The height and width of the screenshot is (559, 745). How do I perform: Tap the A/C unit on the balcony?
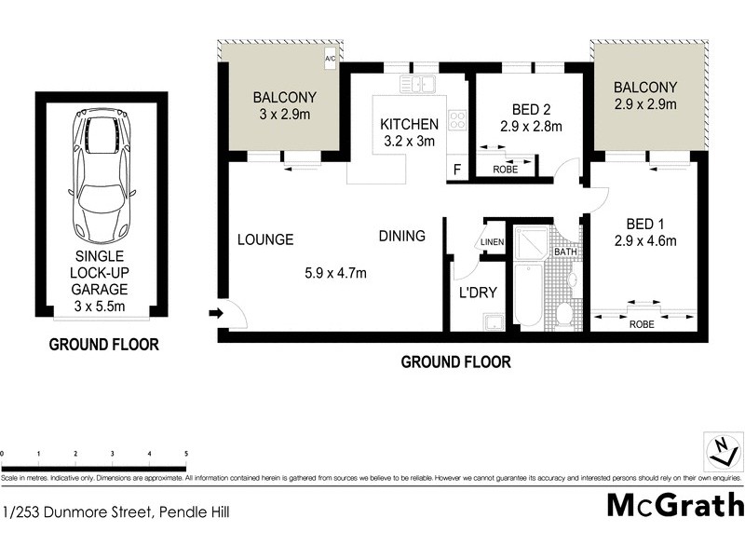(x=330, y=59)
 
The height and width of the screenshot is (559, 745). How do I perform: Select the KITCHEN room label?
(x=409, y=124)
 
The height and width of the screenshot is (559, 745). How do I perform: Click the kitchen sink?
(x=419, y=85)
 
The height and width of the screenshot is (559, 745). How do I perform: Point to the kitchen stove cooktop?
(x=456, y=119)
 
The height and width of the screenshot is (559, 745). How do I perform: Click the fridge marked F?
(x=456, y=170)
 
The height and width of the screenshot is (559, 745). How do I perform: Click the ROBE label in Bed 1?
(x=641, y=323)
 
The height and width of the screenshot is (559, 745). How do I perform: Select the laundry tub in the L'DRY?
(x=492, y=322)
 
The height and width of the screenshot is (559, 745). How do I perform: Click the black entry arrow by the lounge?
(x=215, y=314)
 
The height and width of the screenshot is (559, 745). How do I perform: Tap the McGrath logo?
(x=675, y=505)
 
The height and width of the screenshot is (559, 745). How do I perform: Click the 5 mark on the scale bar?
(x=186, y=454)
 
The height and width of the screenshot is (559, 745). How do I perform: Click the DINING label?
(x=401, y=237)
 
